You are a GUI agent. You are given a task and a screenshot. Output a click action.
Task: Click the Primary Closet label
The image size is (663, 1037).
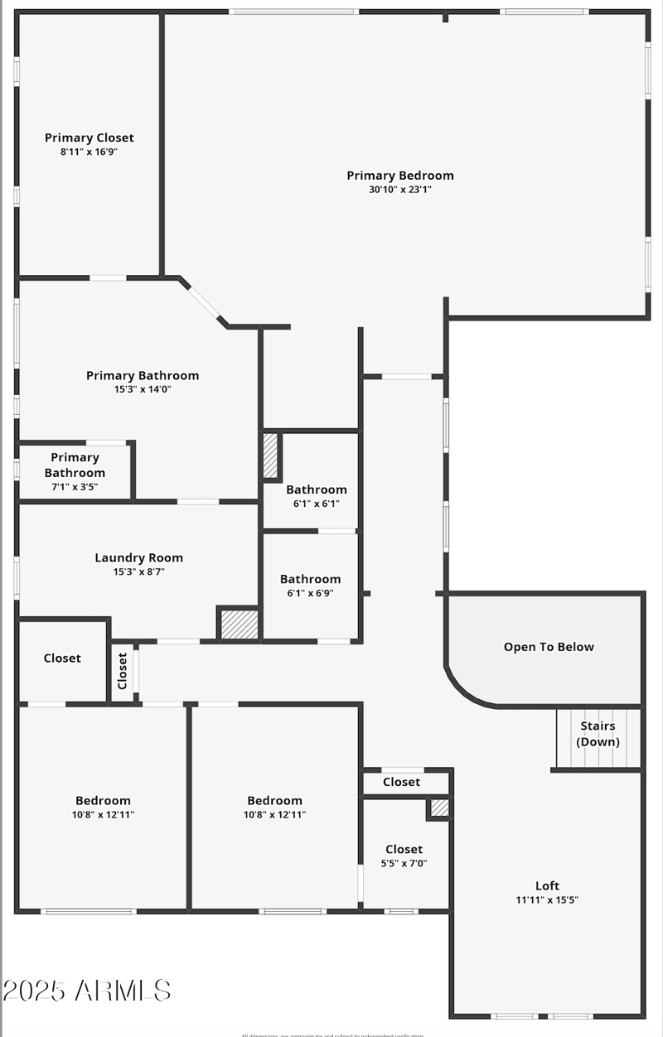click(89, 137)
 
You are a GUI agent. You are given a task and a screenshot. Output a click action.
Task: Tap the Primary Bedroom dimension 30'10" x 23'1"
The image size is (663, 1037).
click(400, 189)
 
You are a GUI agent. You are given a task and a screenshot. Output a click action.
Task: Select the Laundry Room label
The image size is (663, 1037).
click(138, 557)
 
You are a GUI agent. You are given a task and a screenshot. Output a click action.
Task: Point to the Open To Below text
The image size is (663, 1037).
click(549, 647)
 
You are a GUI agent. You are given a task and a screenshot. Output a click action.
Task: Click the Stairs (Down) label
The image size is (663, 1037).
click(598, 734)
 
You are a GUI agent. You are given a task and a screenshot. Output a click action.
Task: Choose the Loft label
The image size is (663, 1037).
click(548, 885)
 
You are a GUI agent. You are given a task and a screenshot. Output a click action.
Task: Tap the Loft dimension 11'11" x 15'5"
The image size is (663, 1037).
click(548, 900)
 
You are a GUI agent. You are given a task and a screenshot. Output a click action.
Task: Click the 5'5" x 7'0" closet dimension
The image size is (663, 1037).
click(404, 863)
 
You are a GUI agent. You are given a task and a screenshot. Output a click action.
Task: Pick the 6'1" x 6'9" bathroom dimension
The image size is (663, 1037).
click(310, 593)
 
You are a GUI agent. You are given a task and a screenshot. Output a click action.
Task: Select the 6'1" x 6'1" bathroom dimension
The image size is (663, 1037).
click(316, 504)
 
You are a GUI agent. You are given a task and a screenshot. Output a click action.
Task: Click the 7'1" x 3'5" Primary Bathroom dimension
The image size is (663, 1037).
click(75, 487)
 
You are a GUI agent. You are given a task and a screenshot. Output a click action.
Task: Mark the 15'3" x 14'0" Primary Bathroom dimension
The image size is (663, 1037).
click(143, 389)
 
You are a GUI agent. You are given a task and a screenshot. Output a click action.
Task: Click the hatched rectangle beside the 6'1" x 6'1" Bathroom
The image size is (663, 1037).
click(270, 456)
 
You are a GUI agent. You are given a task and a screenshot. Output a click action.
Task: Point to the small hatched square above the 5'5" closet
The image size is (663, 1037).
click(439, 808)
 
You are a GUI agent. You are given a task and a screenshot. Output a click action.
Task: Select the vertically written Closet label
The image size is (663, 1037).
click(123, 671)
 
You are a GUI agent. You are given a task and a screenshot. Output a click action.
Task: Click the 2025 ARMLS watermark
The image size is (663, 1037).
click(86, 990)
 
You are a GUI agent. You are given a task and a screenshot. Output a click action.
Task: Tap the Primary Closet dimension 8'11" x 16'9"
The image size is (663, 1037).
click(89, 152)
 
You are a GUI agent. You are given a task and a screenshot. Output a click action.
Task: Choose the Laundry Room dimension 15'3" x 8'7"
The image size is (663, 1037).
click(138, 572)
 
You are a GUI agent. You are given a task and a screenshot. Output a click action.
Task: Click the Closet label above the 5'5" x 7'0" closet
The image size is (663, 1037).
click(401, 782)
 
